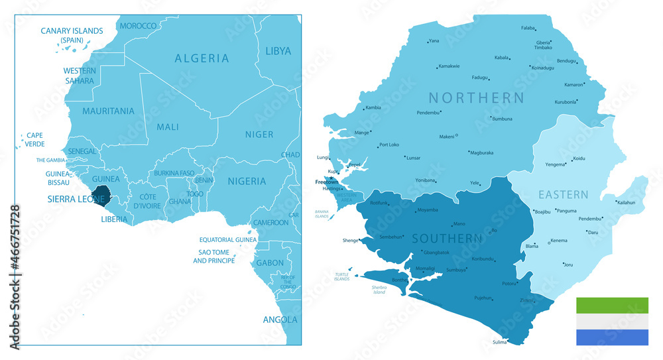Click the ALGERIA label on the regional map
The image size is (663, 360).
pos(202,58)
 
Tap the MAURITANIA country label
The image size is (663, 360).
pos(108,111)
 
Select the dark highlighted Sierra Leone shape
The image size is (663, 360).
pos(101,194)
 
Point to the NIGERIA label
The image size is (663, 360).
pos(247,181)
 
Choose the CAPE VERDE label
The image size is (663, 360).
pos(34,139)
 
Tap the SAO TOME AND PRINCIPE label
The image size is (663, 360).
pos(213,257)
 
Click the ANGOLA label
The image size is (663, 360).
pos(280,320)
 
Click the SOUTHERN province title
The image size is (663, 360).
pos(446,238)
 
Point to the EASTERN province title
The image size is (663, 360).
pos(563,194)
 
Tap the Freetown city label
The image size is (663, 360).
pos(326,182)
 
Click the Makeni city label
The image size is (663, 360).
pos(447,137)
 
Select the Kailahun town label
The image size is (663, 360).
pos(627,202)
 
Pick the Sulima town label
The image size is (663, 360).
pos(499,342)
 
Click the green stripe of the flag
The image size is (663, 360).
pos(612,305)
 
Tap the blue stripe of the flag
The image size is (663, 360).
pos(612,337)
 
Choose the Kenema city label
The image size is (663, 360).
pos(559,240)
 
